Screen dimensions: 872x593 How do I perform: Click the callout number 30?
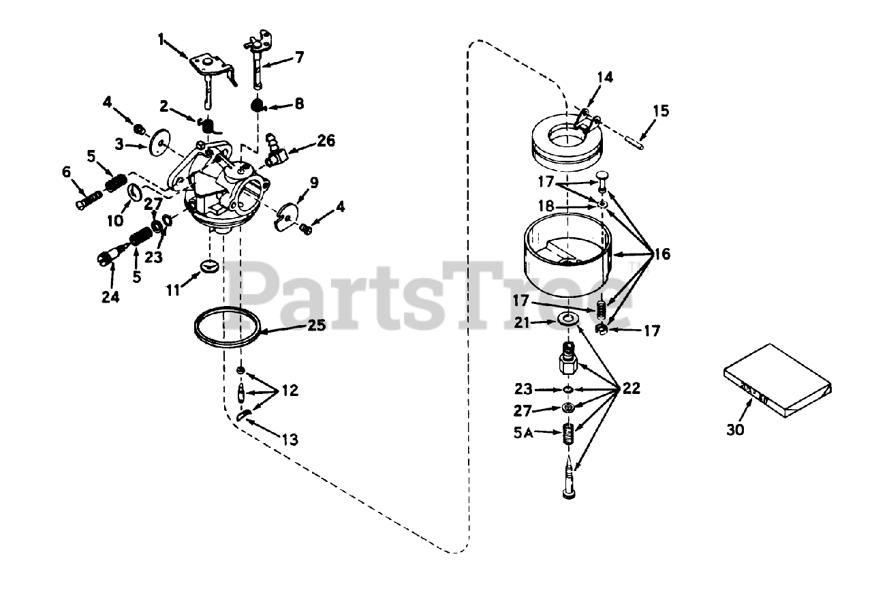[735, 429]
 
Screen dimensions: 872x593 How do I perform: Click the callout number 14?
[604, 77]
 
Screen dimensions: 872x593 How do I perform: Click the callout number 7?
[299, 57]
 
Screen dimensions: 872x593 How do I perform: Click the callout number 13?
[290, 440]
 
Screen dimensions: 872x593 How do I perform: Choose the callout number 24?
[112, 297]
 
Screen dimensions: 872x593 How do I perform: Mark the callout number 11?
[173, 290]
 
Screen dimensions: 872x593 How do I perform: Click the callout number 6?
[66, 173]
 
